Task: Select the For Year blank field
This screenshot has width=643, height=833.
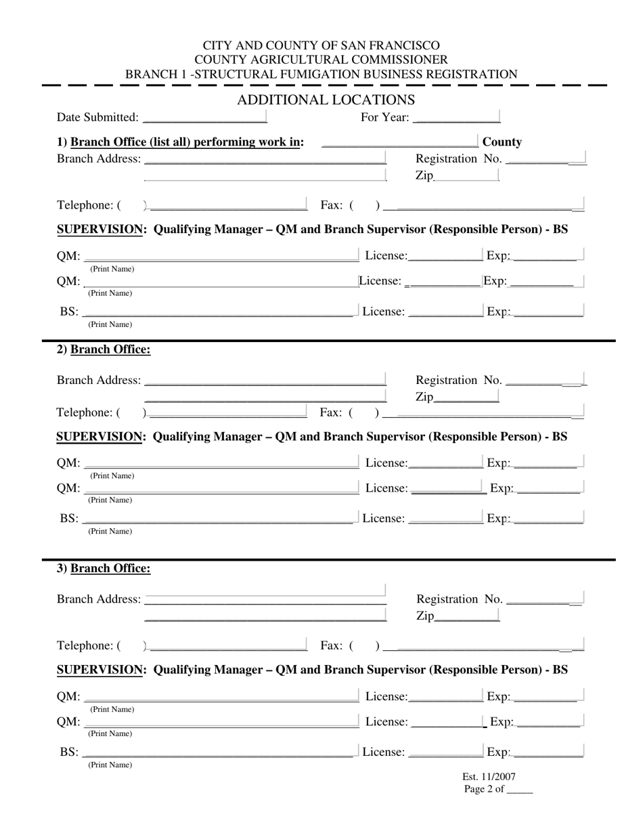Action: click(456, 117)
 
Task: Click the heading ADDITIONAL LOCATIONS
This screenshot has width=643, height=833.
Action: click(326, 100)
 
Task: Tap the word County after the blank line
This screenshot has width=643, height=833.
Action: click(502, 142)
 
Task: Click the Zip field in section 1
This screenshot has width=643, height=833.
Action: click(466, 175)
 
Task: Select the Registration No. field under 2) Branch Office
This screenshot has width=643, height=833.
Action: click(546, 380)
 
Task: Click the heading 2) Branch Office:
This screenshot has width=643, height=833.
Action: click(104, 349)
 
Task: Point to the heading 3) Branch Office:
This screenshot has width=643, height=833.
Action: click(104, 568)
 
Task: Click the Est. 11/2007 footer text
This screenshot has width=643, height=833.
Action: click(489, 777)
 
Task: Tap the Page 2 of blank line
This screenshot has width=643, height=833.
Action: click(519, 789)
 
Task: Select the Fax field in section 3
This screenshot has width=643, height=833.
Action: click(482, 646)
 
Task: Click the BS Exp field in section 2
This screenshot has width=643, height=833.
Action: click(548, 518)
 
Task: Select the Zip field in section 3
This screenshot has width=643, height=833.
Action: click(467, 616)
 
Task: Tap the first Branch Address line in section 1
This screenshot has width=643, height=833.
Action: click(265, 158)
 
